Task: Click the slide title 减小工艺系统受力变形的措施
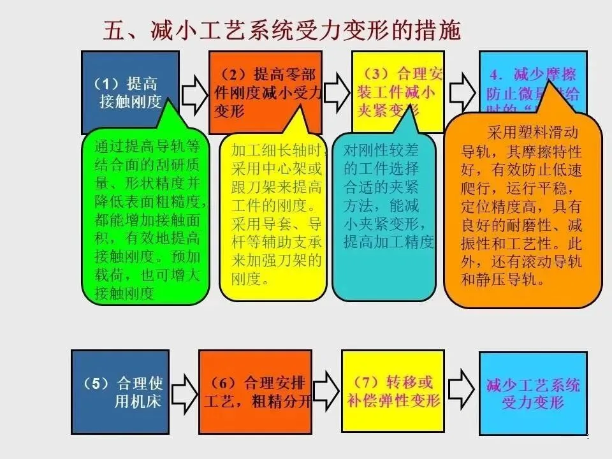tap(281, 29)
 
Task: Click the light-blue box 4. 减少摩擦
tap(532, 80)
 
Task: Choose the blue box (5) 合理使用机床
tap(120, 391)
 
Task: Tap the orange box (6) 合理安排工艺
tap(255, 391)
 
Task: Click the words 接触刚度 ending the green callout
tap(125, 293)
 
